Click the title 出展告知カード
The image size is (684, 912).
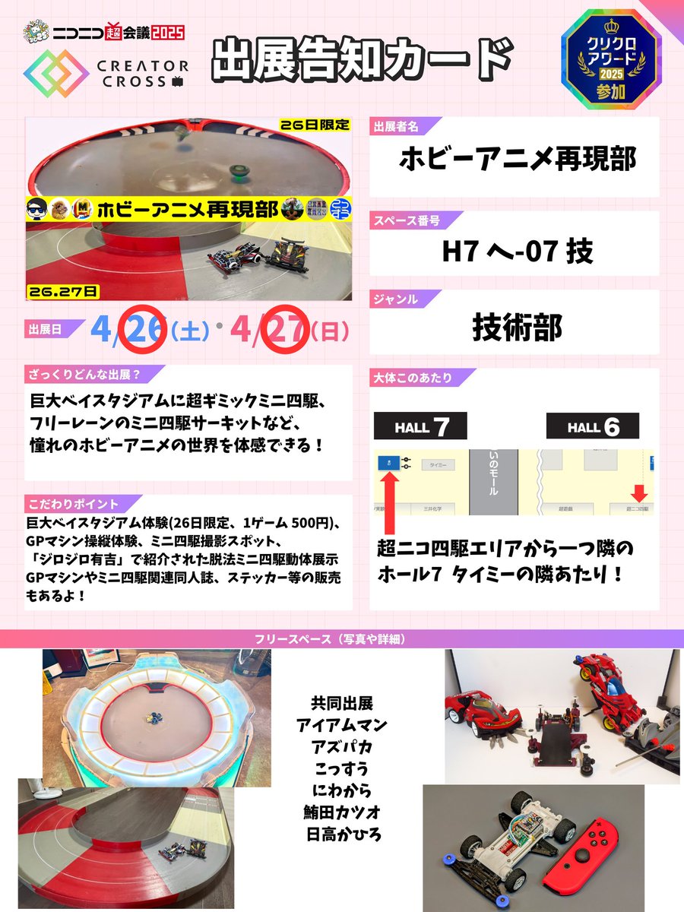pos(360,59)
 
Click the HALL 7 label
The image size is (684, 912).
pos(420,427)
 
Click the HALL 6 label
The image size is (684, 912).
pos(593,427)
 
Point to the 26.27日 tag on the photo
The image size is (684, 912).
pos(62,291)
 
